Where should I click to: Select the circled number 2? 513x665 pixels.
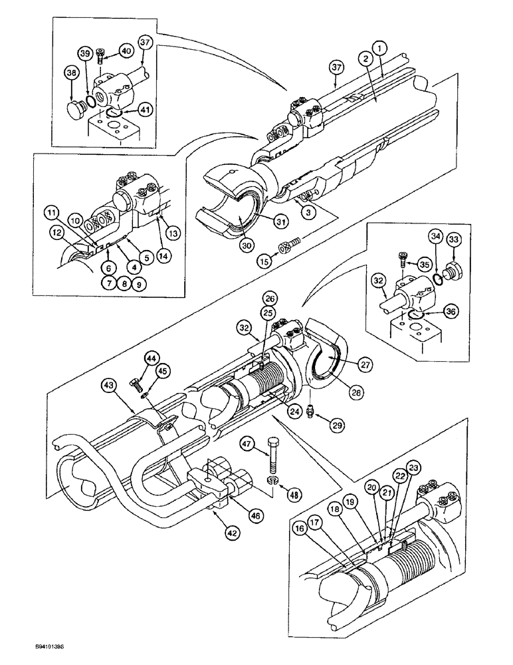(x=364, y=59)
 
